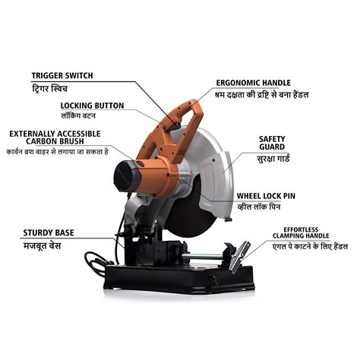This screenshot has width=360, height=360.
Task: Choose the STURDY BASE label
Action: click(49, 232)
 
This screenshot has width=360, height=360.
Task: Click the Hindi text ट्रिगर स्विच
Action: click(58, 88)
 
